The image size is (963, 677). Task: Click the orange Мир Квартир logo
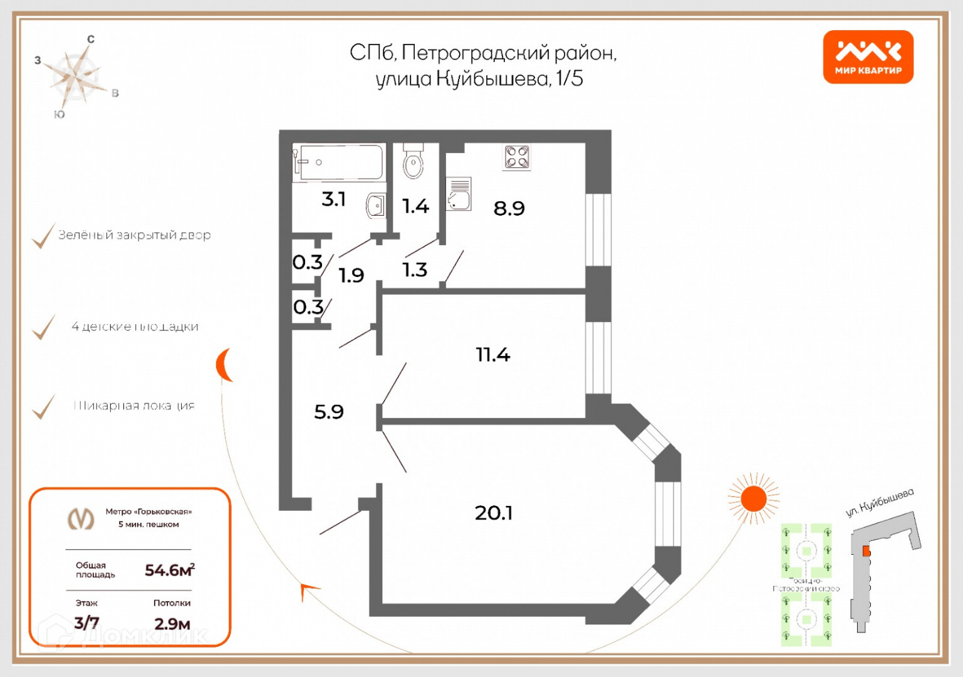868,57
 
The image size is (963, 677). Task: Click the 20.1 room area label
493,513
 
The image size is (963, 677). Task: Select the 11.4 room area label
492,355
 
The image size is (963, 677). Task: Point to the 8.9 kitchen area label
509,208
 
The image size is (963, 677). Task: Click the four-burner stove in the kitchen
517,157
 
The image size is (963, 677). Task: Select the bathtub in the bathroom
339,162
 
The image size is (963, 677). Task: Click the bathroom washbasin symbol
376,205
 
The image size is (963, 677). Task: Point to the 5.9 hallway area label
328,412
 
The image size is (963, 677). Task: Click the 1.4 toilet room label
415,206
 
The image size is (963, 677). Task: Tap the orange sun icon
753,499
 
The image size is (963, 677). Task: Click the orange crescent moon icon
224,365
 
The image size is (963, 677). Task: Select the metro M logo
81,518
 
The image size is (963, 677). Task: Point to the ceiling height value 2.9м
172,624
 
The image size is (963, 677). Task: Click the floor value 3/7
86,622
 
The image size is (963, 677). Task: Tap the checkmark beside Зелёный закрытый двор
43,236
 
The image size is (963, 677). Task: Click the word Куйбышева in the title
492,80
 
